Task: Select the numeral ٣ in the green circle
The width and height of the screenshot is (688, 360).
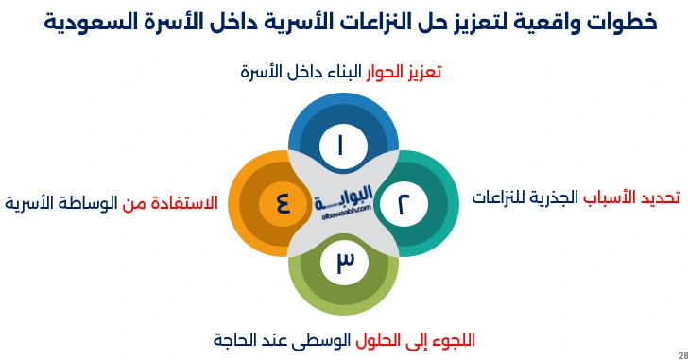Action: (x=344, y=262)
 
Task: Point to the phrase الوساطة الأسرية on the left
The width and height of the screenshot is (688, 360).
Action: (x=60, y=202)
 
